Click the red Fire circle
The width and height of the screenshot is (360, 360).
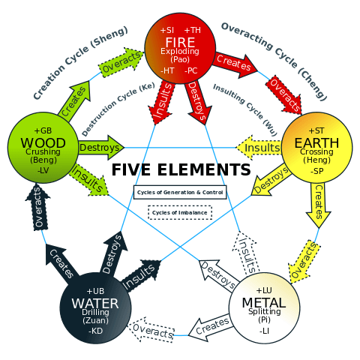[180, 48]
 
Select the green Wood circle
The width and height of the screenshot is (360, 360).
[43, 148]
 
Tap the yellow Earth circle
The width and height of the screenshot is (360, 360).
[317, 148]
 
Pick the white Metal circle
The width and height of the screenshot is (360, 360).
[264, 308]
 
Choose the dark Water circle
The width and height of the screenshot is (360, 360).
[95, 308]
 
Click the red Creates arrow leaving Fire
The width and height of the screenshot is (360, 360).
[235, 64]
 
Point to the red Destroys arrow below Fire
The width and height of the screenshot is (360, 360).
[197, 102]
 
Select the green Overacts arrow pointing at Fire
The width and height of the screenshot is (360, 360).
[121, 63]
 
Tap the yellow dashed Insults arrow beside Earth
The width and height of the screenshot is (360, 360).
[259, 148]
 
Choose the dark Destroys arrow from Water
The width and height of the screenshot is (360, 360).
[113, 254]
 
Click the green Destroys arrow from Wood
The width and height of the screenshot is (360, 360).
[101, 148]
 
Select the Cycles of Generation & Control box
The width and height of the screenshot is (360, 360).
[180, 192]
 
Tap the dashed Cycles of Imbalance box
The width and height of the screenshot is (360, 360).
[180, 213]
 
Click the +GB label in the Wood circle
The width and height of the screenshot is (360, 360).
[43, 130]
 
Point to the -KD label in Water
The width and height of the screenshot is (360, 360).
[95, 331]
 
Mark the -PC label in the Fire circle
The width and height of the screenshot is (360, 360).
[191, 70]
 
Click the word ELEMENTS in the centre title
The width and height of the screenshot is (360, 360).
[204, 169]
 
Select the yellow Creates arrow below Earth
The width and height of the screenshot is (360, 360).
[318, 205]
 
